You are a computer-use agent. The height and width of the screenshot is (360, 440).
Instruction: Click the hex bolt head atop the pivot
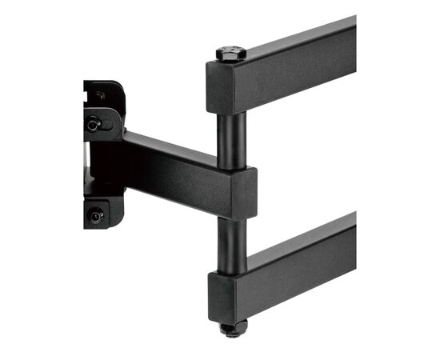(230, 54)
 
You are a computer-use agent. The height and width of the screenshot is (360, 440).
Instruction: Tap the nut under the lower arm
(230, 328)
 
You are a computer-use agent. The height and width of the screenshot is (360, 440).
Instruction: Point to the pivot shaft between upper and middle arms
(230, 140)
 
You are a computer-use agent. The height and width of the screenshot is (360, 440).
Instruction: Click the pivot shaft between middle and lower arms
(230, 244)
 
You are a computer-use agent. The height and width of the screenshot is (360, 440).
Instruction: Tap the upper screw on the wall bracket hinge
(94, 124)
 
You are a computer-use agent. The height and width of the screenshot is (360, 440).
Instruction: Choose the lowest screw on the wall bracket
(96, 214)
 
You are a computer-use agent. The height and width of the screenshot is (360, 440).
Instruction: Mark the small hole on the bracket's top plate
(100, 95)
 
